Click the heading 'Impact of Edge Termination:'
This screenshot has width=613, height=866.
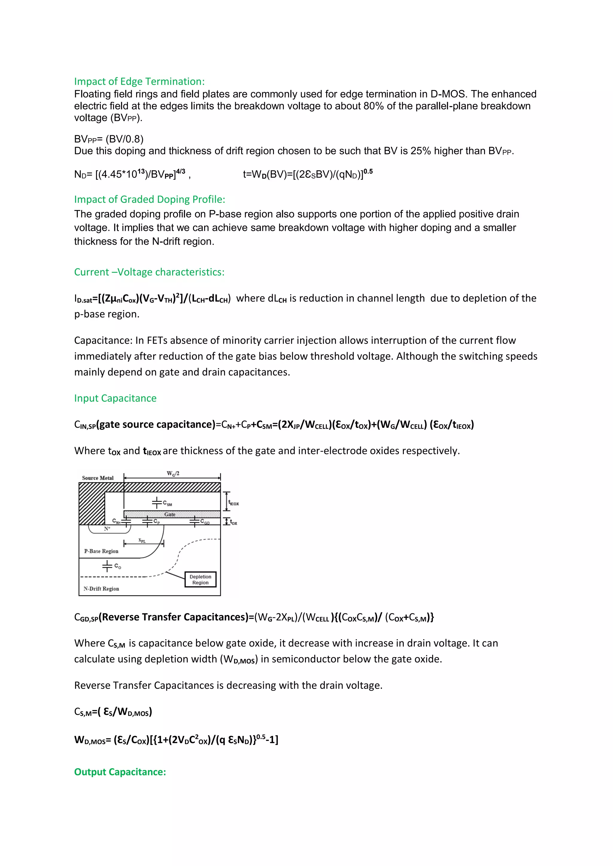click(139, 81)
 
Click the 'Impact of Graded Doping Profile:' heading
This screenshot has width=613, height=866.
click(149, 199)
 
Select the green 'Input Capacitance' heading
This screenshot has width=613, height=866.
click(115, 398)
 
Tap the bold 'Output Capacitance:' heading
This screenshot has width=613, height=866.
click(120, 772)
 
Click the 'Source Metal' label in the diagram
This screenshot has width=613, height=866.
click(98, 478)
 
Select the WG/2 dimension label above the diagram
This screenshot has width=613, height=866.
click(173, 474)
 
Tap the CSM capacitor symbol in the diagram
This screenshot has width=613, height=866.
click(157, 503)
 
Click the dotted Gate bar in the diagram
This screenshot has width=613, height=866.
click(172, 514)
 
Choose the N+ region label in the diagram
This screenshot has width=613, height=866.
click(107, 529)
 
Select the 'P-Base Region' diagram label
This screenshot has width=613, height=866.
click(101, 551)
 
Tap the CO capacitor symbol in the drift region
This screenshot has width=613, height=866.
click(107, 566)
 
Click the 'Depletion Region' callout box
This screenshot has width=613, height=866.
click(201, 579)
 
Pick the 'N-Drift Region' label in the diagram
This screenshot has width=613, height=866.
click(101, 588)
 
